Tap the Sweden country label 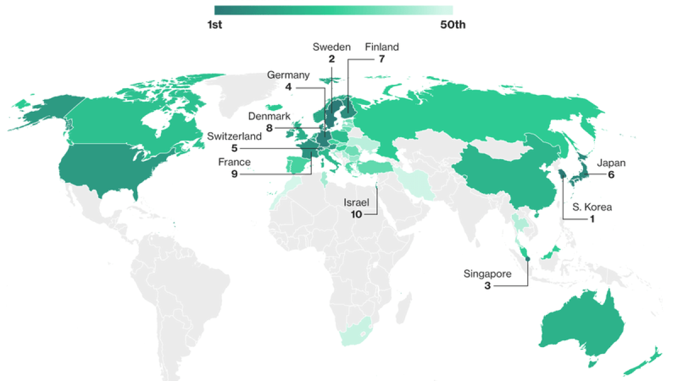(332, 47)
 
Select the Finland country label (382, 47)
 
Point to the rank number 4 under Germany (288, 87)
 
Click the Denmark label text (269, 117)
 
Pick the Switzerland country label (234, 137)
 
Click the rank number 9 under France (233, 174)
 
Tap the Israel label (357, 203)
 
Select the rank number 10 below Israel (357, 214)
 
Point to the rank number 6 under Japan (610, 175)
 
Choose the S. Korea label (592, 207)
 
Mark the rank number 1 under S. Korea (592, 219)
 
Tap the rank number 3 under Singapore (487, 286)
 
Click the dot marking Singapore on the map (528, 259)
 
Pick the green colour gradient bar (333, 10)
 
